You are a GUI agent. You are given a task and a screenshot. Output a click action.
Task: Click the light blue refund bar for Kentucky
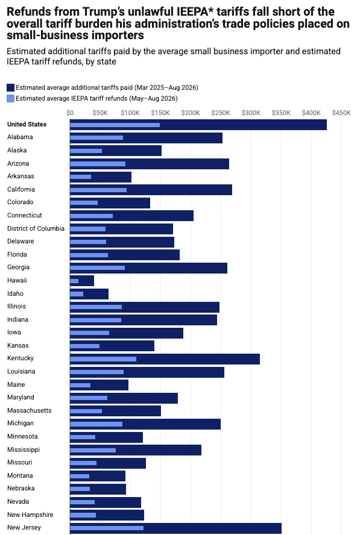click(x=103, y=359)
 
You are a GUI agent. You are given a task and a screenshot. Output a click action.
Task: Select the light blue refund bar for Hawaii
click(x=74, y=281)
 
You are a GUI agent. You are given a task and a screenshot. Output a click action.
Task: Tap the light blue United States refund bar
click(x=115, y=125)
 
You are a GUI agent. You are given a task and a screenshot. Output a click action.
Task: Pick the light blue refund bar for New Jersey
click(x=107, y=528)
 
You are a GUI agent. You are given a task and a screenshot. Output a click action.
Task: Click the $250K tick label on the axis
click(x=221, y=113)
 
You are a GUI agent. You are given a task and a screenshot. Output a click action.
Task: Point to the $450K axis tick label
click(x=341, y=113)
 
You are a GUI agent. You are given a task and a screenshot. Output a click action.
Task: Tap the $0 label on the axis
click(x=70, y=113)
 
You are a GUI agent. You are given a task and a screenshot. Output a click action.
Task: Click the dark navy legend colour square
click(x=11, y=88)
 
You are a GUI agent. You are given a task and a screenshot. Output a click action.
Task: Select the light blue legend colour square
click(x=11, y=99)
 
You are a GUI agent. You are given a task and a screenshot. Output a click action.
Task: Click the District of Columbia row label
click(x=36, y=228)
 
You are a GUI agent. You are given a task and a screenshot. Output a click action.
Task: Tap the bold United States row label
click(x=27, y=124)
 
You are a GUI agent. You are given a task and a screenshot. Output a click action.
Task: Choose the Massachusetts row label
click(x=30, y=410)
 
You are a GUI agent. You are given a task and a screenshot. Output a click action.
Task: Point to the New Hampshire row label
click(x=30, y=515)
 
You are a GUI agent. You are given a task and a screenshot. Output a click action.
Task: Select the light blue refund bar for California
click(x=98, y=190)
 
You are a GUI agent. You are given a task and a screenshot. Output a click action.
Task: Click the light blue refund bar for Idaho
click(x=77, y=294)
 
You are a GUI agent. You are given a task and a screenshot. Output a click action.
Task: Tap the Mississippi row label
click(x=24, y=449)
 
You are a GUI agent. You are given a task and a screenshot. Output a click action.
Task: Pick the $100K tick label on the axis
click(x=130, y=113)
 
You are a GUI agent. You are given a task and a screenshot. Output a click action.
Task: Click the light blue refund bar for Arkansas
click(x=81, y=177)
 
